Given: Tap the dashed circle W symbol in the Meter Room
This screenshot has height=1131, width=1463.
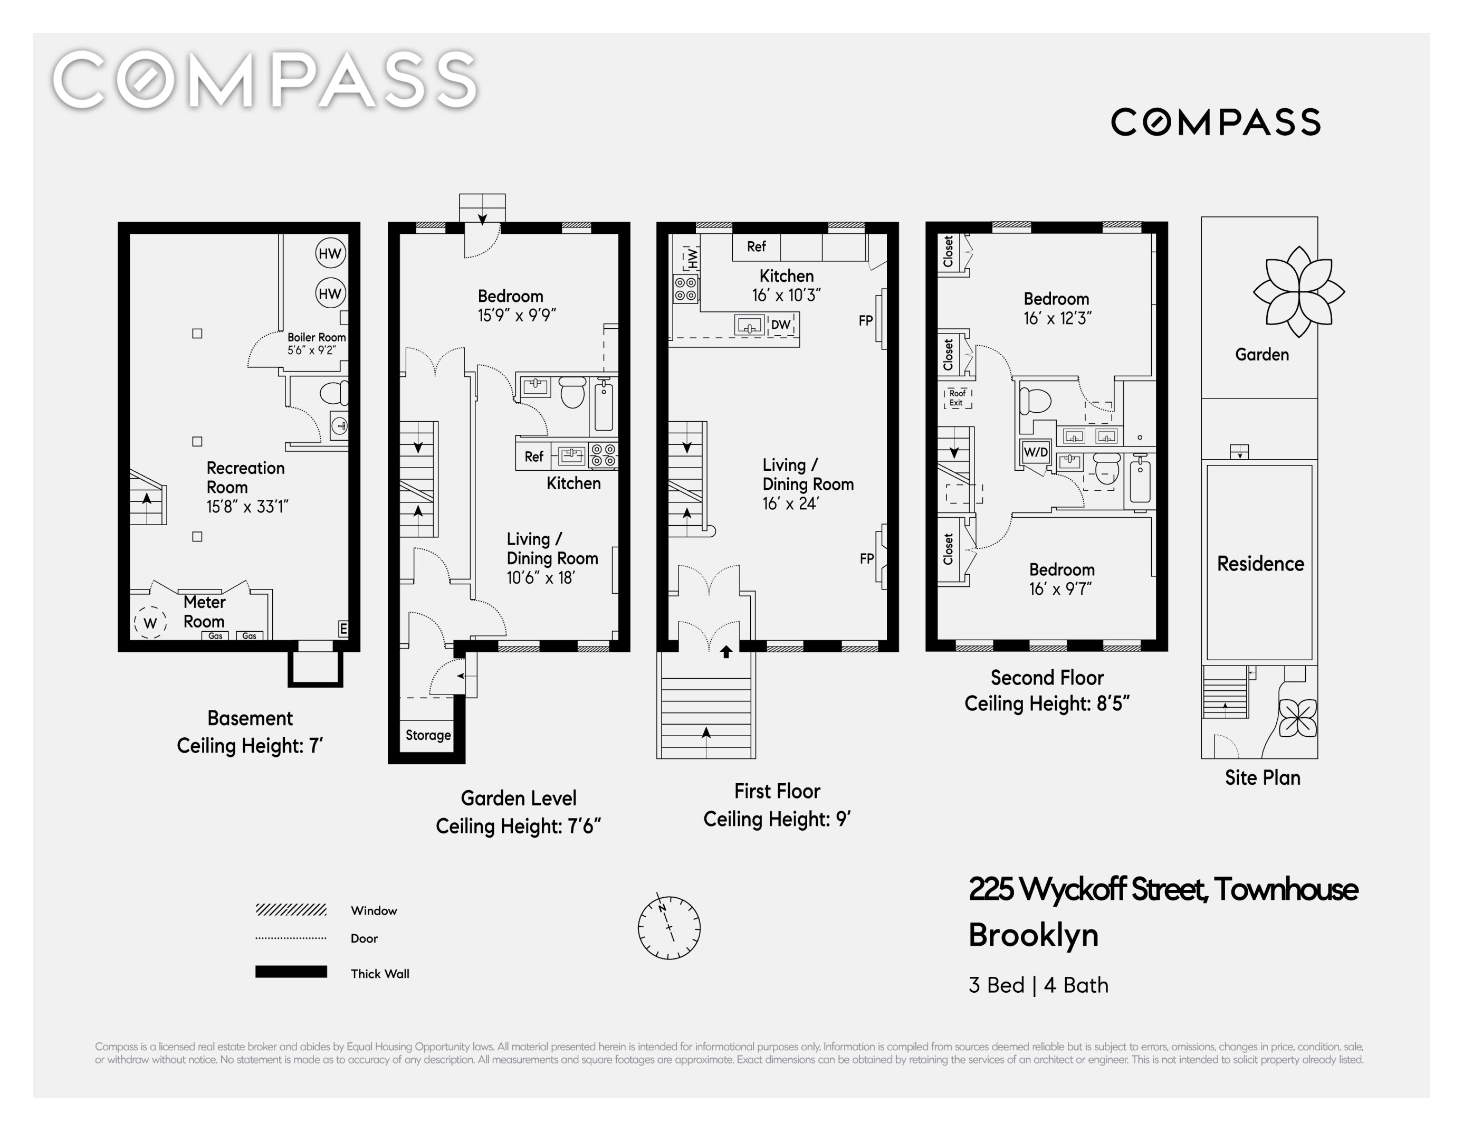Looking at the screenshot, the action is point(150,622).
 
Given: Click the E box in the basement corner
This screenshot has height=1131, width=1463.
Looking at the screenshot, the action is point(343,629).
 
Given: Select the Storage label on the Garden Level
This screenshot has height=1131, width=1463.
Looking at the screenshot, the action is point(428,735).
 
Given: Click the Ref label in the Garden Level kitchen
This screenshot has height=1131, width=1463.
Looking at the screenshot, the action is point(534,457).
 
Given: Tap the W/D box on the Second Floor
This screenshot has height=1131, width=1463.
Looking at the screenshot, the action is point(1036,452).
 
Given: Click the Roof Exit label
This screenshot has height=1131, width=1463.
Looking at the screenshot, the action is point(957,398).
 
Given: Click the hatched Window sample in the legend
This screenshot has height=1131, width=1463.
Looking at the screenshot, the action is point(291,909).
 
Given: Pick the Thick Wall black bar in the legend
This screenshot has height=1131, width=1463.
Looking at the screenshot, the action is point(291,972).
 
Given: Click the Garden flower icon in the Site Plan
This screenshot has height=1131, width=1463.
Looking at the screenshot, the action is point(1299,291).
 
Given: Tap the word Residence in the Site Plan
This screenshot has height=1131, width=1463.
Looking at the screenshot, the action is point(1260,564).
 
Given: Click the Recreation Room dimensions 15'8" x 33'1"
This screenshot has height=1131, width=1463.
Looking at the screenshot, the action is point(247,507).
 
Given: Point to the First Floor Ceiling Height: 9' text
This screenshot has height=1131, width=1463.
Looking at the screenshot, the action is point(777,819).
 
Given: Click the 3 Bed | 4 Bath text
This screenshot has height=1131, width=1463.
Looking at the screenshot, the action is point(1038,985).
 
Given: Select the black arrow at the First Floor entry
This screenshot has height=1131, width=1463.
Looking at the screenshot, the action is point(726,651).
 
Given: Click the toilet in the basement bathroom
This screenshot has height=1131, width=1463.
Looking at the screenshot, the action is point(334,393).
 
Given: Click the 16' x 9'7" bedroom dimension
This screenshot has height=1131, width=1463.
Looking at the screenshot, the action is point(1060,588).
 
